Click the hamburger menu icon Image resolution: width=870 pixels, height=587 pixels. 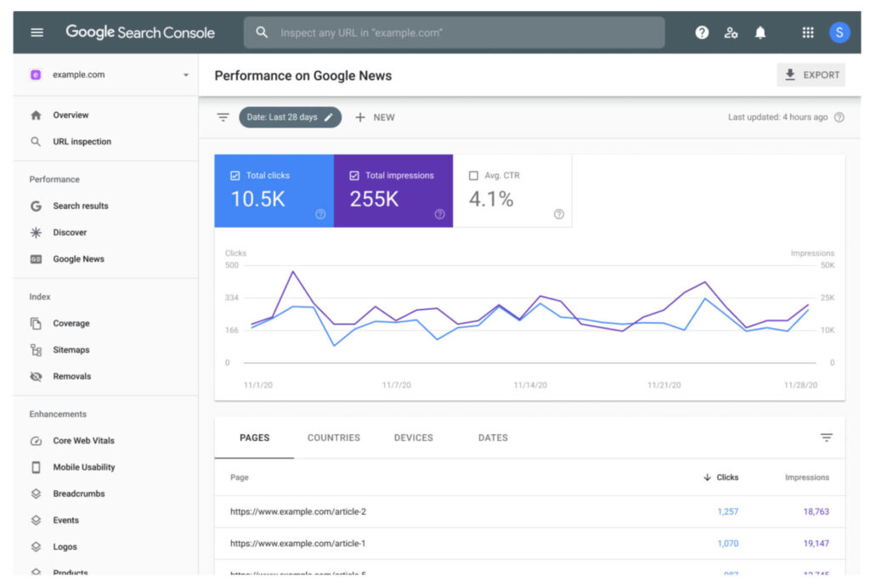[37, 32]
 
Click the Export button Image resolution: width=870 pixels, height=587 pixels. [811, 75]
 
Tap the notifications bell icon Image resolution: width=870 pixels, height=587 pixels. [760, 32]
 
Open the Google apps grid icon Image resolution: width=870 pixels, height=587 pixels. [808, 32]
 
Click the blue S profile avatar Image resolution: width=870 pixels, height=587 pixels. [839, 32]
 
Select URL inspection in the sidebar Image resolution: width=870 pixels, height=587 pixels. [82, 142]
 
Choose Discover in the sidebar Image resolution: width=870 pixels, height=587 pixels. [70, 233]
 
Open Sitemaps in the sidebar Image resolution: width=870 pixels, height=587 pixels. [71, 350]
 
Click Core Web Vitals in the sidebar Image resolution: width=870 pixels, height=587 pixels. [83, 441]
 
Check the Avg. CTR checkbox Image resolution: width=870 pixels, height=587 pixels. [474, 176]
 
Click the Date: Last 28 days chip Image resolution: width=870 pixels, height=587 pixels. [290, 117]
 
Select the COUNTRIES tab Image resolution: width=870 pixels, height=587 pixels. [334, 437]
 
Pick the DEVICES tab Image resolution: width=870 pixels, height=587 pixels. [414, 437]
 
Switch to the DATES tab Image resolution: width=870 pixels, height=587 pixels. [493, 437]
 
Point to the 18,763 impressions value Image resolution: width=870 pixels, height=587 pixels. [816, 511]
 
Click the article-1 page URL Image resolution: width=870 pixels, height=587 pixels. [298, 543]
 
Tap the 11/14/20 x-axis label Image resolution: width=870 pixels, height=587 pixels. [530, 385]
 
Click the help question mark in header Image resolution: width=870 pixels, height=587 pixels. [702, 32]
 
